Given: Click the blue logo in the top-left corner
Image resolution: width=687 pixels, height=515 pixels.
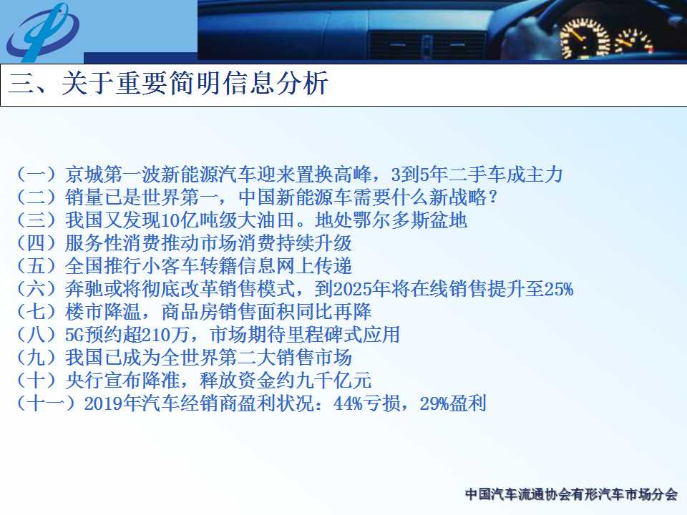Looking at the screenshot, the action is tap(42, 31).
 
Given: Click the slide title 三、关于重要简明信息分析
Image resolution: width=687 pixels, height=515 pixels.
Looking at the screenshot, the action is tap(168, 83).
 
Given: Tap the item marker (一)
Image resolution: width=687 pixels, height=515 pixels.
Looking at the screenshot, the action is tap(36, 175).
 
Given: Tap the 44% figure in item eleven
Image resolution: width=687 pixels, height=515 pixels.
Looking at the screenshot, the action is tap(348, 403).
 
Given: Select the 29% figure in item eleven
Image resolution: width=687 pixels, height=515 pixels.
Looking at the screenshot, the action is tap(434, 403).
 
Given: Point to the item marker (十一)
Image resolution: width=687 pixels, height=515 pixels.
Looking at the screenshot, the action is tap(47, 403).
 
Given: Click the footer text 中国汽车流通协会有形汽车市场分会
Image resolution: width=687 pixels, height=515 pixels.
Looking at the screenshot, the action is tap(571, 494).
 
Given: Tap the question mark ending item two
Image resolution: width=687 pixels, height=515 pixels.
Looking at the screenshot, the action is tap(493, 197).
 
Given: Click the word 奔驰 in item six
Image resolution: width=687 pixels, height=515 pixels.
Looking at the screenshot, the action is tap(84, 289).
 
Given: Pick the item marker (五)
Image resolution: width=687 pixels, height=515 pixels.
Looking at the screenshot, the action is tap(36, 266).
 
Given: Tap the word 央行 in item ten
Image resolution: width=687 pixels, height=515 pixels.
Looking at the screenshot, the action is tap(84, 380).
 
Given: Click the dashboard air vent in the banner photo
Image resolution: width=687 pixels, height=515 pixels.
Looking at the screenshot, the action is tap(427, 46).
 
